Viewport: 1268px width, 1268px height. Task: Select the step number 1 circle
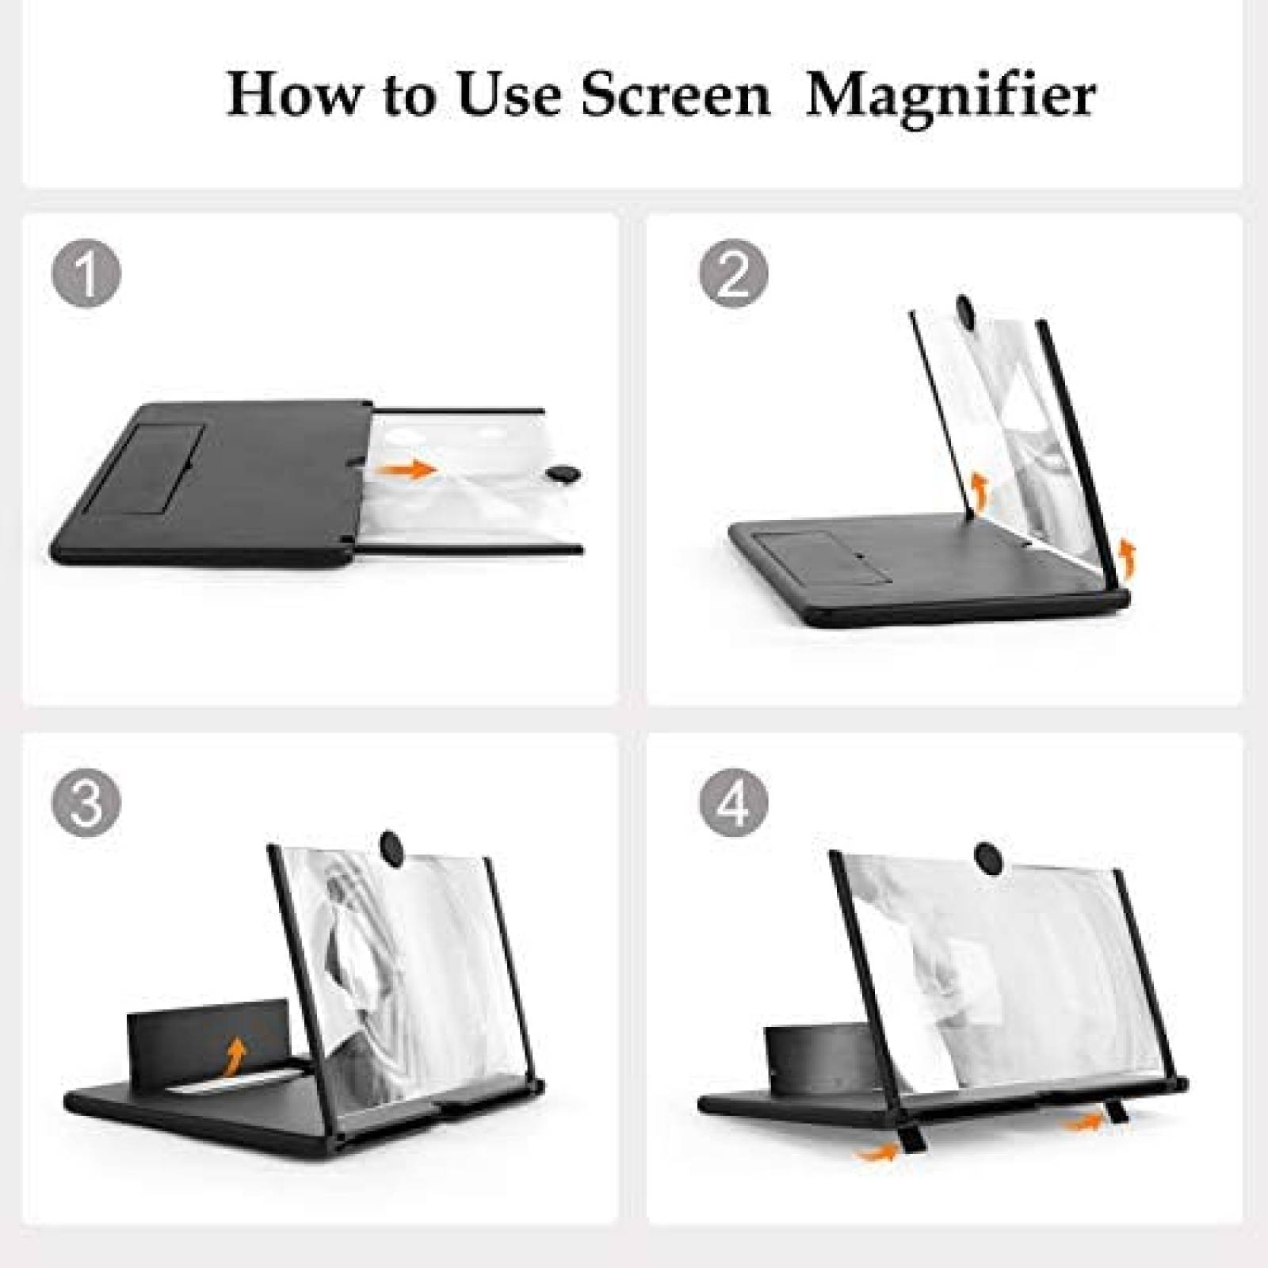(x=86, y=274)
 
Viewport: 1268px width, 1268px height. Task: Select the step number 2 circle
(x=733, y=274)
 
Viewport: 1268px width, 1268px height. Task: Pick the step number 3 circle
(x=86, y=800)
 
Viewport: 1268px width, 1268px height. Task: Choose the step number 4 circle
(x=733, y=800)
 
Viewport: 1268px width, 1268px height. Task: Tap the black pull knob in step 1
(x=563, y=474)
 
